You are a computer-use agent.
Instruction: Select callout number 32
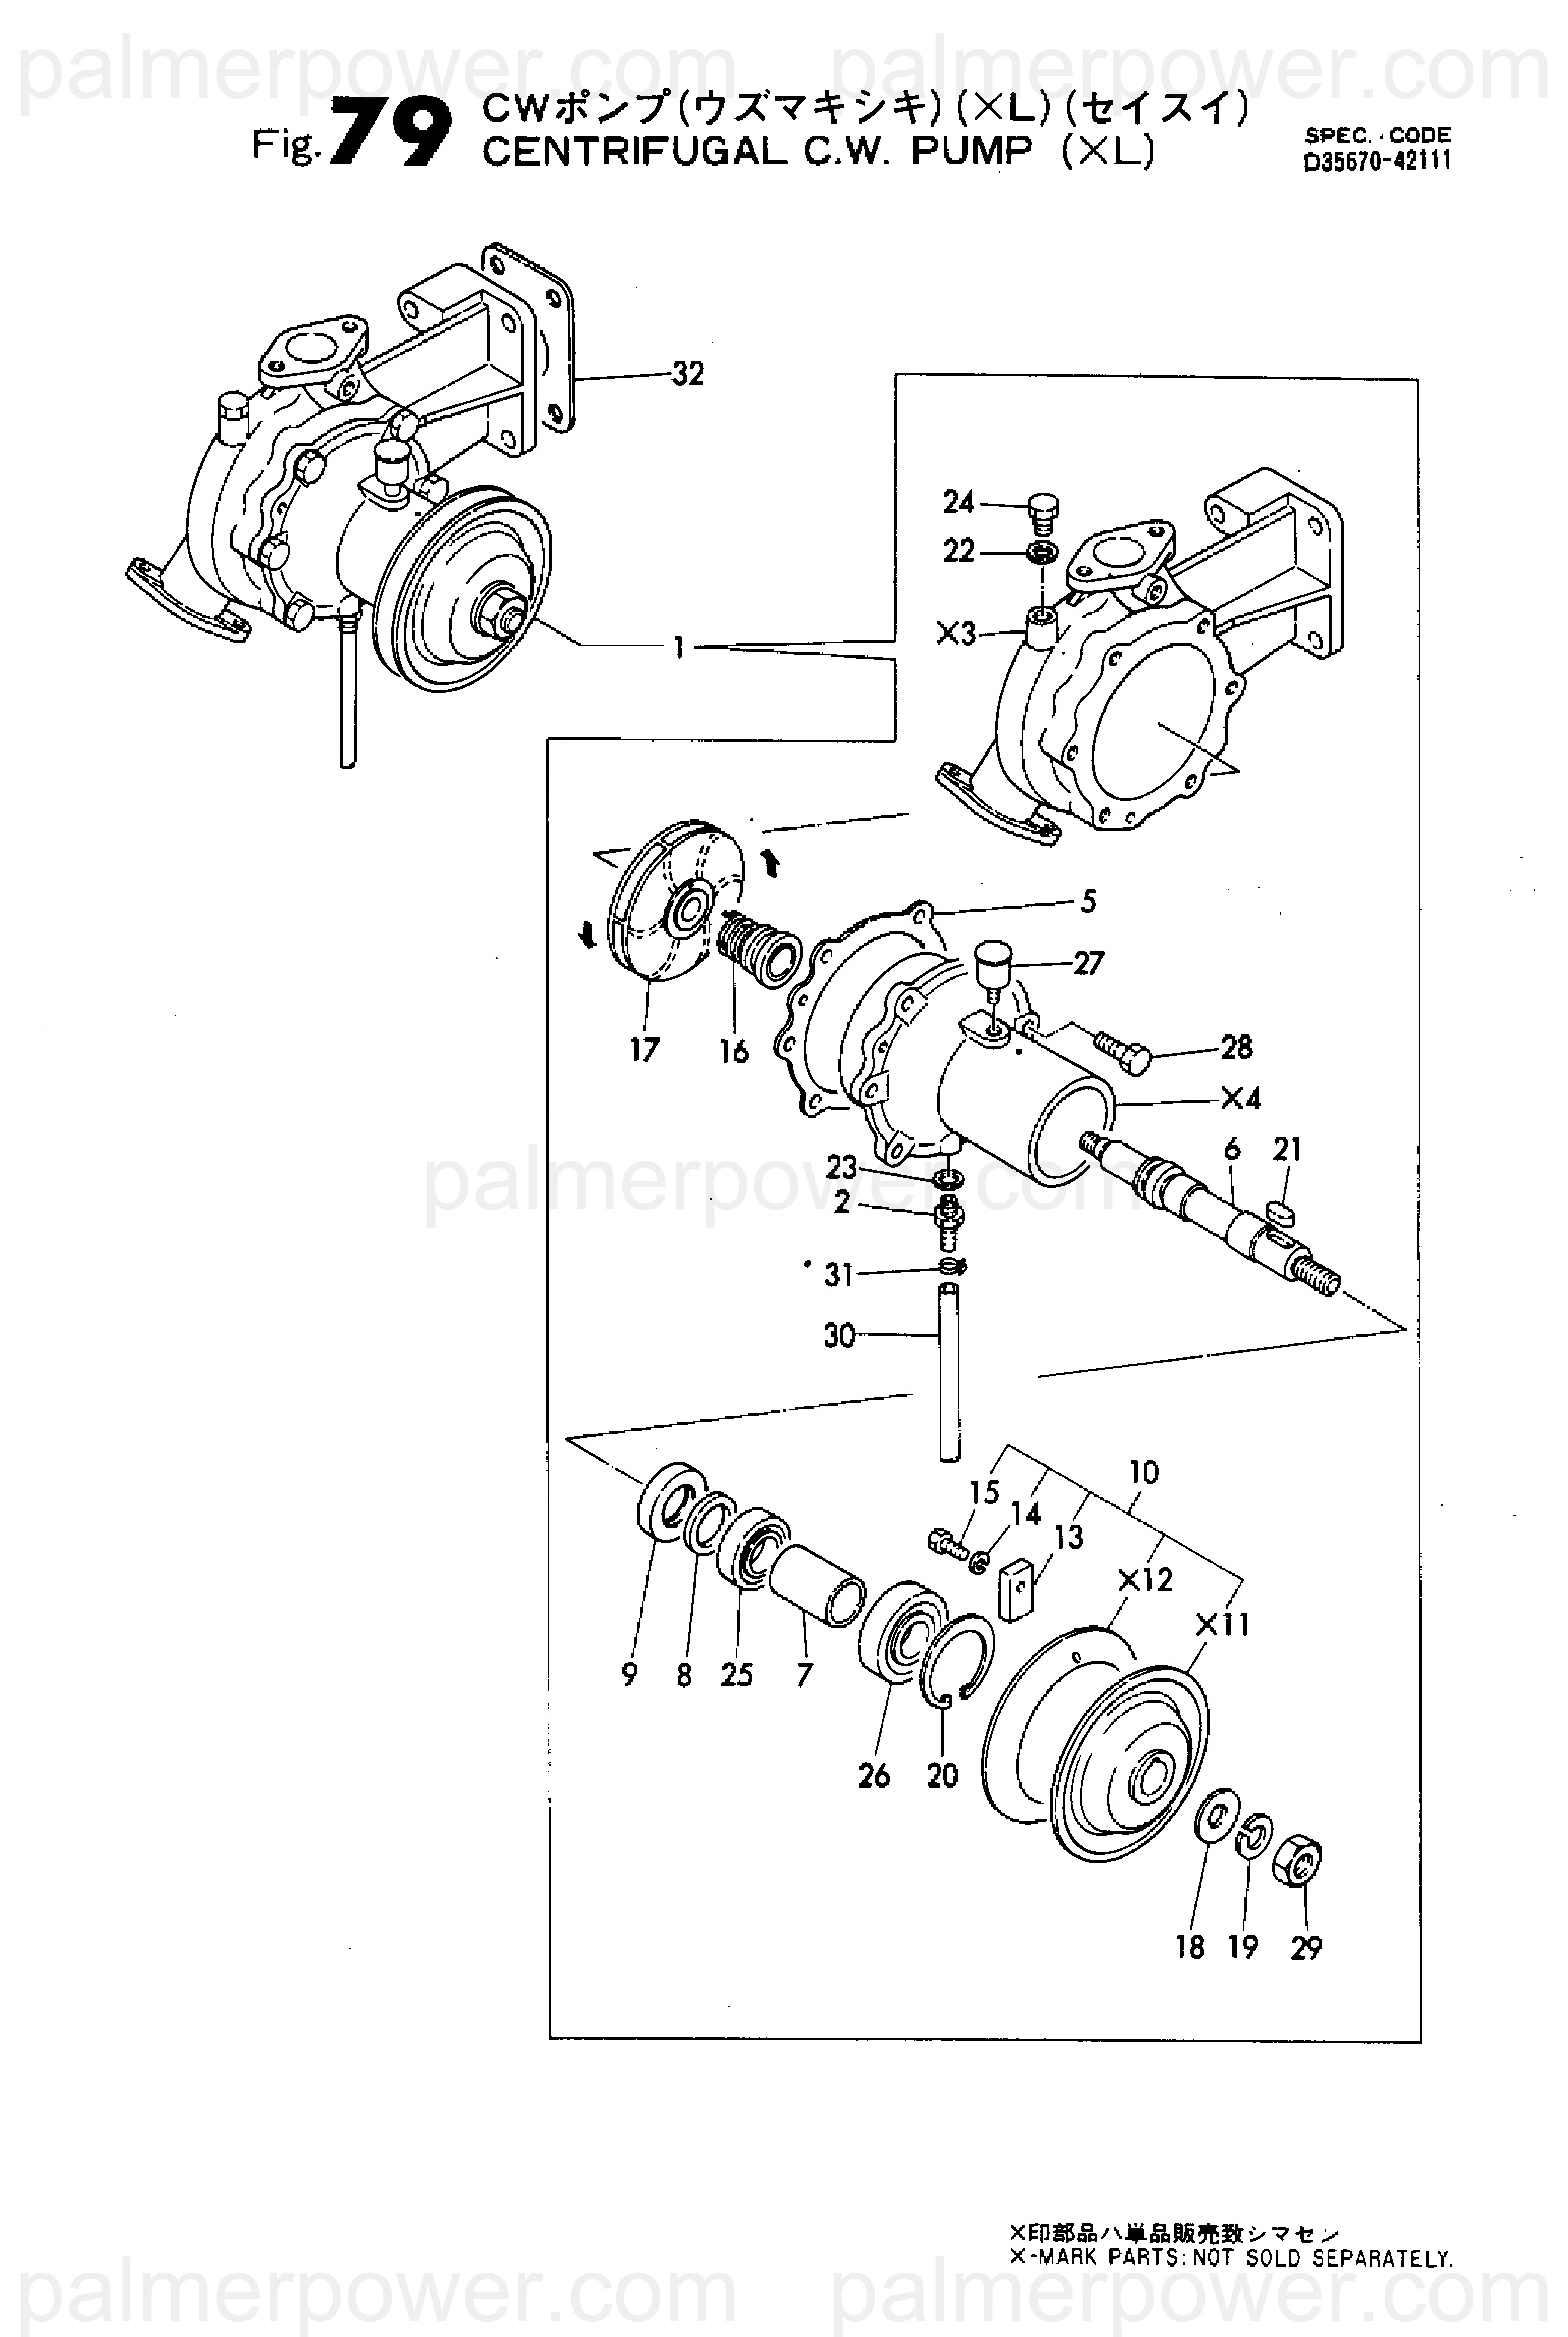pyautogui.click(x=687, y=374)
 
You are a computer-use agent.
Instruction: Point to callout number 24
pyautogui.click(x=958, y=502)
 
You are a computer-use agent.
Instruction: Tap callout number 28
pyautogui.click(x=1236, y=1047)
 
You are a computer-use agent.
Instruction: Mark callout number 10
pyautogui.click(x=1143, y=1473)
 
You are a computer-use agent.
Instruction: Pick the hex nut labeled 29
pyautogui.click(x=1298, y=1862)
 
